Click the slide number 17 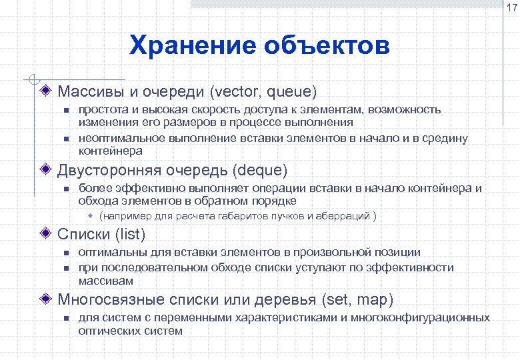click(511, 8)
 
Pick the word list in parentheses click(130, 235)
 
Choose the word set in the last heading click(339, 299)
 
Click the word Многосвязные click(106, 299)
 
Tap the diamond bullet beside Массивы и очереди click(46, 90)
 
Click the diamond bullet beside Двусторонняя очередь click(46, 169)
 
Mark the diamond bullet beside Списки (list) click(46, 235)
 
